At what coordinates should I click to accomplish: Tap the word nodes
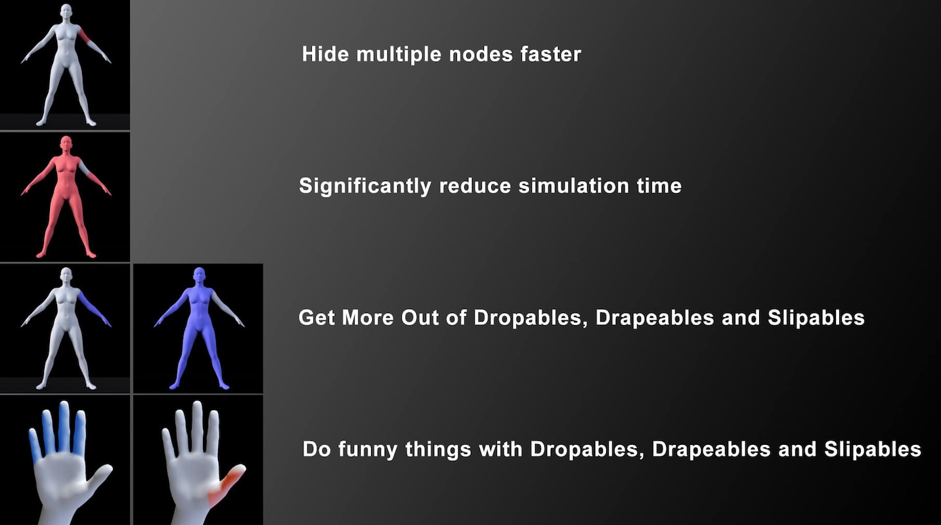pyautogui.click(x=481, y=54)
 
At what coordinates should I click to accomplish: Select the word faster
pyautogui.click(x=551, y=54)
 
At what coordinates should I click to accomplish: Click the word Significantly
pyautogui.click(x=364, y=186)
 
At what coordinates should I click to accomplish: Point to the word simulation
pyautogui.click(x=573, y=186)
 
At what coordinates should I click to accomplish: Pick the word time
pyautogui.click(x=659, y=186)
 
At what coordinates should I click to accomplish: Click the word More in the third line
pyautogui.click(x=368, y=318)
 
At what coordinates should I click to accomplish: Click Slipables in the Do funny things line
pyautogui.click(x=873, y=449)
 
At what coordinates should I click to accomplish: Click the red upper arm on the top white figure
pyautogui.click(x=85, y=35)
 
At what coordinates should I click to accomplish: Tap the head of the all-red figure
pyautogui.click(x=66, y=144)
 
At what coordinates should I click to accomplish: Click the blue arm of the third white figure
pyautogui.click(x=94, y=309)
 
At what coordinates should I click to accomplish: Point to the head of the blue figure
pyautogui.click(x=199, y=276)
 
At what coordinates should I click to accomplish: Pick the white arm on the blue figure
pyautogui.click(x=227, y=309)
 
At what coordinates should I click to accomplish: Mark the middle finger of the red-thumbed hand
pyautogui.click(x=197, y=426)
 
